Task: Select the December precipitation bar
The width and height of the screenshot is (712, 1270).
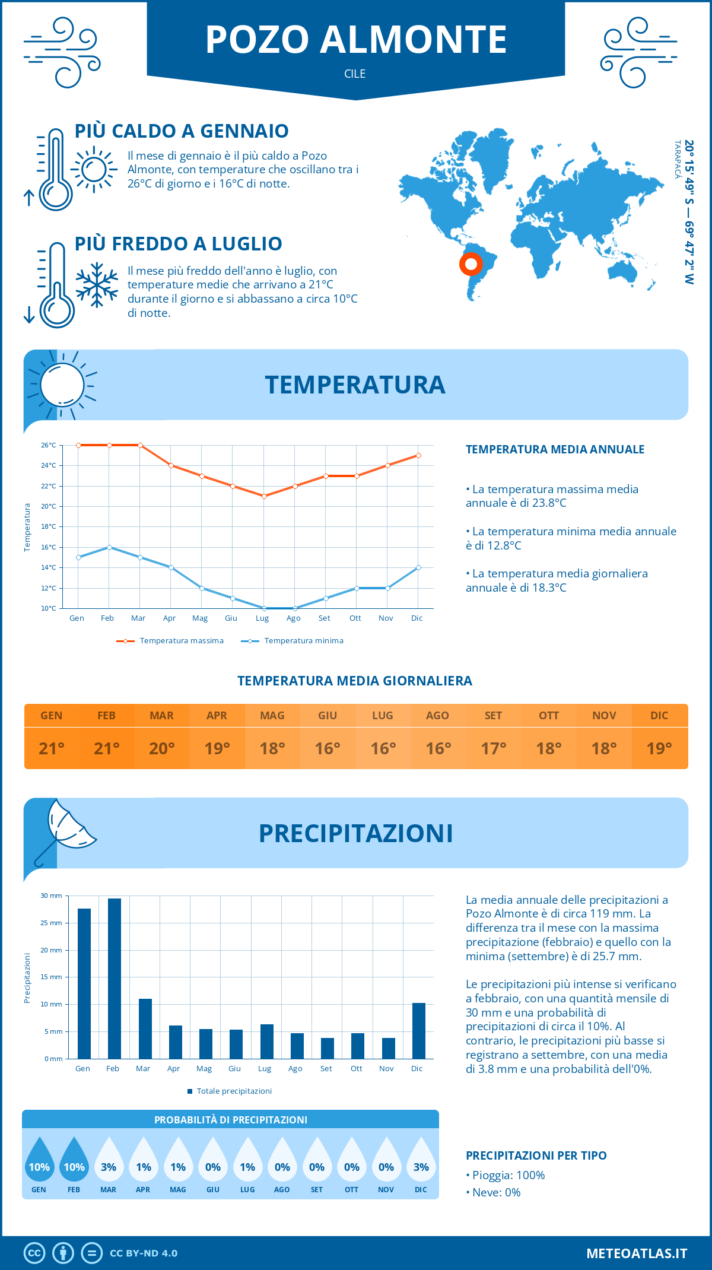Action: [419, 1031]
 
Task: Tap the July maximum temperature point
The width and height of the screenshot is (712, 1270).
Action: [264, 496]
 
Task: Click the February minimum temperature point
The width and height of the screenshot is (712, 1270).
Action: [109, 547]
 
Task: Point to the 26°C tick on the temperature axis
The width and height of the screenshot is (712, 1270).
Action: [49, 445]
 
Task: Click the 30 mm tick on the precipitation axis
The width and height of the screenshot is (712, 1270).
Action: [51, 896]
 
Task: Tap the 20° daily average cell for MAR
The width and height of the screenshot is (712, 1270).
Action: [162, 748]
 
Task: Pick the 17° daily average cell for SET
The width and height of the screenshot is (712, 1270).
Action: [494, 748]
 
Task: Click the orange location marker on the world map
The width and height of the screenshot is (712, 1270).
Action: [471, 264]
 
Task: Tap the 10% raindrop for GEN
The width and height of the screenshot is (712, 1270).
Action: [39, 1160]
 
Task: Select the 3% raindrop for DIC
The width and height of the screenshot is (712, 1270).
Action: [421, 1160]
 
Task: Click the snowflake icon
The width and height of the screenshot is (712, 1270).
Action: [97, 285]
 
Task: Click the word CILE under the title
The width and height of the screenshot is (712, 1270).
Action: [355, 74]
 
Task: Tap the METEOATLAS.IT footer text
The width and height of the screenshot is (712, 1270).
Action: [637, 1253]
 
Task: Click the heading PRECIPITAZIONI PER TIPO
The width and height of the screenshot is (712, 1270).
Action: [536, 1155]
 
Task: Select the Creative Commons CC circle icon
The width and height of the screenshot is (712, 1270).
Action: [34, 1253]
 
